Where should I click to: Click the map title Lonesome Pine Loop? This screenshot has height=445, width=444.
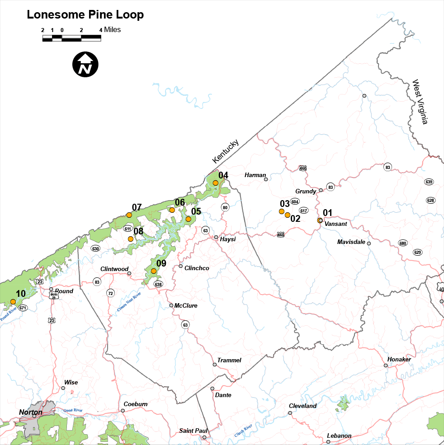tap(85, 14)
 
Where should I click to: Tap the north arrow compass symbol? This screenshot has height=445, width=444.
tap(85, 64)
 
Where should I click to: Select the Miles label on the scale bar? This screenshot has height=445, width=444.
tap(112, 30)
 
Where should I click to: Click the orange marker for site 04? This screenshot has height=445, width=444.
tap(216, 183)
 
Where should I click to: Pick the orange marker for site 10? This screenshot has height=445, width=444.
tap(13, 301)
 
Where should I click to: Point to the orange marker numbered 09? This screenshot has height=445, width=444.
tap(153, 271)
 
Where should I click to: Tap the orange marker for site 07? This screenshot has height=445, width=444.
tap(129, 215)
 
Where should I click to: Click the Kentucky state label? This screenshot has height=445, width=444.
tap(225, 152)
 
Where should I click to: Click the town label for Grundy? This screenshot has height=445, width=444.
tap(306, 191)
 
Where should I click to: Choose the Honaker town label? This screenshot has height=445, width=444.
tap(399, 359)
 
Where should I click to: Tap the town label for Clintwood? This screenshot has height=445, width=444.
tap(114, 269)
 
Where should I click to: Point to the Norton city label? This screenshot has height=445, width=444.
tap(31, 412)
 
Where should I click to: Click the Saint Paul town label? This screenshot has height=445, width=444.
tap(193, 431)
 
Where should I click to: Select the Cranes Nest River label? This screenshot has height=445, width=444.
tap(129, 300)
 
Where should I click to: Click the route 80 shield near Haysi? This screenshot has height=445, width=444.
tap(225, 207)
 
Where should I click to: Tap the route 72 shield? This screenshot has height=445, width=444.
tap(110, 293)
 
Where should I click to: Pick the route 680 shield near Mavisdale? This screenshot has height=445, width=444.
tap(403, 243)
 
